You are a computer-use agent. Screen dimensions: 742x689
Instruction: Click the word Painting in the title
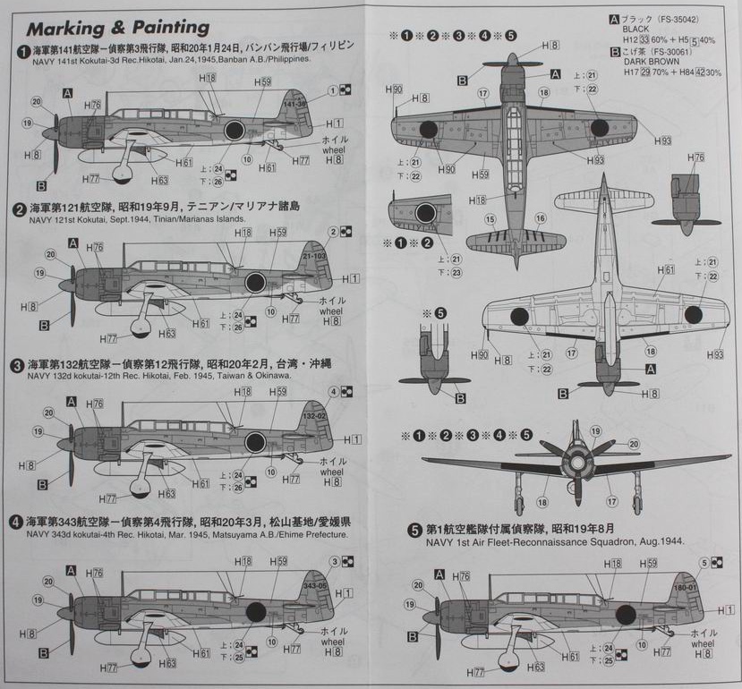[168, 27]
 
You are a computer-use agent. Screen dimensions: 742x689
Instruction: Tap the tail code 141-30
[296, 104]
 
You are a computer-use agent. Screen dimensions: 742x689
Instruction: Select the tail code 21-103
[314, 256]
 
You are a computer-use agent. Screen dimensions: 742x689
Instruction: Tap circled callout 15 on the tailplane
[490, 219]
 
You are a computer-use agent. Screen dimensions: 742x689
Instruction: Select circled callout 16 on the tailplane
[540, 218]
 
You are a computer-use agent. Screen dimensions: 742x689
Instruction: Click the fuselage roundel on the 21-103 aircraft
[254, 283]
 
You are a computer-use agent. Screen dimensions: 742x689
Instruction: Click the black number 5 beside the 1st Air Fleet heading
[414, 530]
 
